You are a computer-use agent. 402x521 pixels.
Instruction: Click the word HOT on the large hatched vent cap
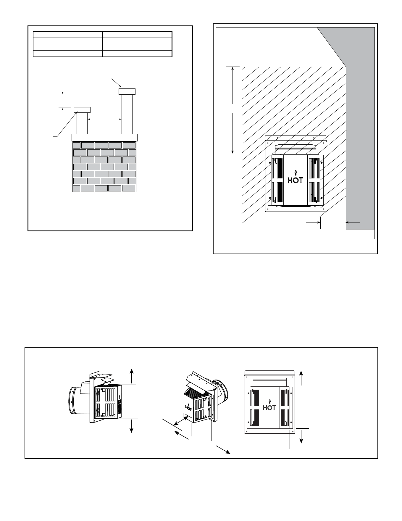pos(295,180)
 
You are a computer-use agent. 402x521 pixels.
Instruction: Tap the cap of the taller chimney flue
pos(127,91)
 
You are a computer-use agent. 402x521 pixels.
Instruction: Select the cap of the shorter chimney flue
pos(82,110)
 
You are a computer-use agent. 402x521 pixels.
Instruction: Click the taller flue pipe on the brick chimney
pos(127,114)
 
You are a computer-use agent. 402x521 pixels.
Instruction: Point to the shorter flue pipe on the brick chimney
pos(82,123)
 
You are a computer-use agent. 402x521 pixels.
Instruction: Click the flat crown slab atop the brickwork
pos(105,138)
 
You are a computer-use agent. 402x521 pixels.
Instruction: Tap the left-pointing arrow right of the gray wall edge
pos(353,222)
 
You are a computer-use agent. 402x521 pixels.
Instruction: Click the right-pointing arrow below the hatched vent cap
pos(313,222)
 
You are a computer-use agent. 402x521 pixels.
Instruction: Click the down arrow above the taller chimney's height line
pos(63,89)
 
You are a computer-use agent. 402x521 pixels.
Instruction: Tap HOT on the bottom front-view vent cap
pos(269,407)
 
